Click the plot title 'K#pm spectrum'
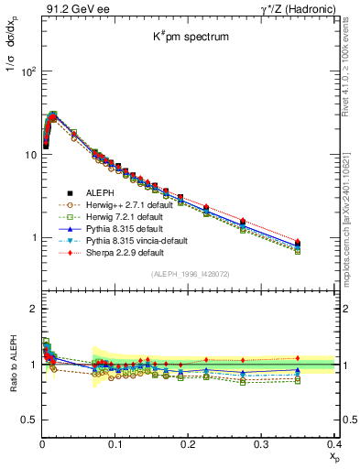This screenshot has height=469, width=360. point(190,38)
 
